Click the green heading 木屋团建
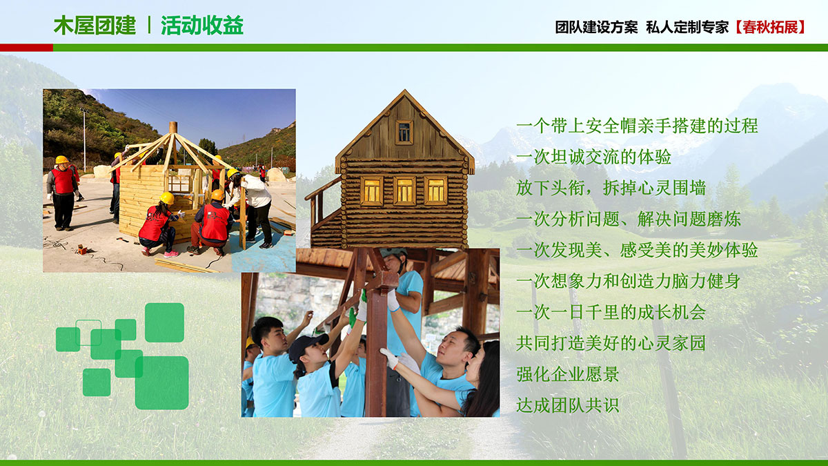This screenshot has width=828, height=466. [x=95, y=26]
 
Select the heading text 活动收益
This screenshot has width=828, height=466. [x=201, y=26]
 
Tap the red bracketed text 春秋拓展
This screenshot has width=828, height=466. [x=769, y=27]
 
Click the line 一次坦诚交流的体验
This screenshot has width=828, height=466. [x=593, y=157]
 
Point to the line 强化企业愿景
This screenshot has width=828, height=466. [x=568, y=374]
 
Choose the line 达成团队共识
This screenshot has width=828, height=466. [x=568, y=405]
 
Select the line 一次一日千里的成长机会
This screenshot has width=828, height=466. [x=611, y=312]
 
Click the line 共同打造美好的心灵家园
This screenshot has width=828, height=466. [x=611, y=343]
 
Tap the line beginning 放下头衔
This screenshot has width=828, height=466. [x=611, y=188]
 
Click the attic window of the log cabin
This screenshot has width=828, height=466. [x=404, y=133]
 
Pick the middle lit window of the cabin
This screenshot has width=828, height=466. [x=404, y=191]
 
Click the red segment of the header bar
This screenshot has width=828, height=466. [x=27, y=48]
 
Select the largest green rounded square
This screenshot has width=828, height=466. [x=162, y=382]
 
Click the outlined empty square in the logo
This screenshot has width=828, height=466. [x=88, y=333]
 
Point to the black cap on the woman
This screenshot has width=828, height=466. [x=308, y=344]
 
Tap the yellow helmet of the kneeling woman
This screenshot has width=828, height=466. [x=167, y=198]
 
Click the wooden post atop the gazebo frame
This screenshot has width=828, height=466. [x=173, y=128]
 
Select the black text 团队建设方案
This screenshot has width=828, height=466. [x=597, y=27]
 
